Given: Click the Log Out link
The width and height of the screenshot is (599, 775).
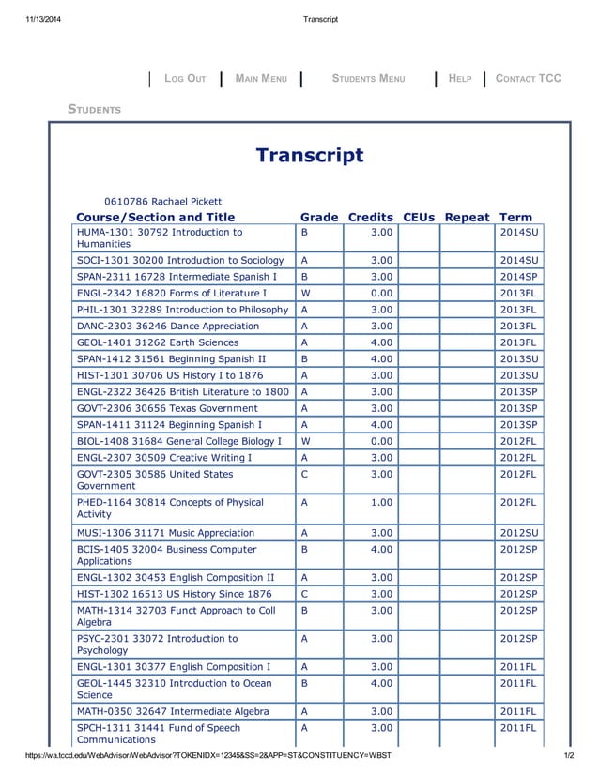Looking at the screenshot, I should click(185, 79).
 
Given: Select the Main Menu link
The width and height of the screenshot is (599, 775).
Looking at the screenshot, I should click(261, 79).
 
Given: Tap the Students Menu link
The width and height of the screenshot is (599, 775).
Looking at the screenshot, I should click(368, 79).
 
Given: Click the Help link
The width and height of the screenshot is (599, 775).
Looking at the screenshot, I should click(460, 79).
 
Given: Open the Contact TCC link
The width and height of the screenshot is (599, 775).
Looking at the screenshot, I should click(528, 79).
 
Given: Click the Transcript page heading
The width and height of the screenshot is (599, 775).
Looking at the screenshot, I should click(309, 155).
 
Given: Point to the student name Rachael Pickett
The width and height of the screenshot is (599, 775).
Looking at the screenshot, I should click(163, 201).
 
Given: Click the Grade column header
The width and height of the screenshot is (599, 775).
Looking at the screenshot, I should click(318, 217).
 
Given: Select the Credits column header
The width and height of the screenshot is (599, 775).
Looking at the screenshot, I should click(370, 217).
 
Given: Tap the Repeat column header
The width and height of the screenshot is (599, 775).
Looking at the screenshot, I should click(467, 217).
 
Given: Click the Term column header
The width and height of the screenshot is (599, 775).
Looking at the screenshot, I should click(515, 217).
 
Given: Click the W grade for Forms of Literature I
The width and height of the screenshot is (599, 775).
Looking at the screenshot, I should click(305, 293).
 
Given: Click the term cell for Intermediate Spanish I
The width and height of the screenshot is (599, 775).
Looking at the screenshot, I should click(518, 277).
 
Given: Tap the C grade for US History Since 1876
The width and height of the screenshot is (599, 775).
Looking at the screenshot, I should click(305, 594).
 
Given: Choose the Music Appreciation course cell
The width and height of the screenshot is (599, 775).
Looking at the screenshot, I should click(165, 533).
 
